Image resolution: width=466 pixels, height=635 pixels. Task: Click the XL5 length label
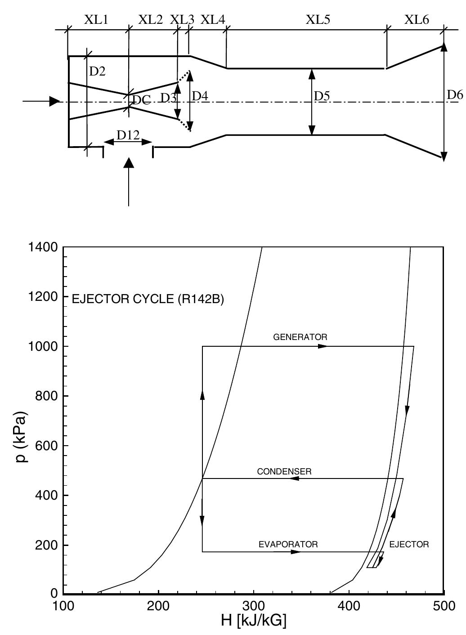pos(318,20)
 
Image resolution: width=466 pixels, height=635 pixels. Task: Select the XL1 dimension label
pos(96,20)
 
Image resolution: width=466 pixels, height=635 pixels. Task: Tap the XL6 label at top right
pos(417,20)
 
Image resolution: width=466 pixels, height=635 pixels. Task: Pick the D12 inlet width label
pos(128,134)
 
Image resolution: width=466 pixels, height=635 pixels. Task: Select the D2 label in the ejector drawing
pos(97,71)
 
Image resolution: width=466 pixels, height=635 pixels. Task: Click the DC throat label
pos(141,100)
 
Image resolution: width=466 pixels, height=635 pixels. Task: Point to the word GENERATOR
pos(300,337)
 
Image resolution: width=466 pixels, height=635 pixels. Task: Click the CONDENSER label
pos(284,472)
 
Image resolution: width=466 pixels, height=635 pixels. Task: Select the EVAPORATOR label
pos(288,544)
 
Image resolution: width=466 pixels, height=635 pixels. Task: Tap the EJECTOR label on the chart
pos(409,544)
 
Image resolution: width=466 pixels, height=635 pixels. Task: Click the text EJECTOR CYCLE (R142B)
pos(148,299)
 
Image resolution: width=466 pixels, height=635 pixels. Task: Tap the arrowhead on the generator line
pos(323,346)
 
